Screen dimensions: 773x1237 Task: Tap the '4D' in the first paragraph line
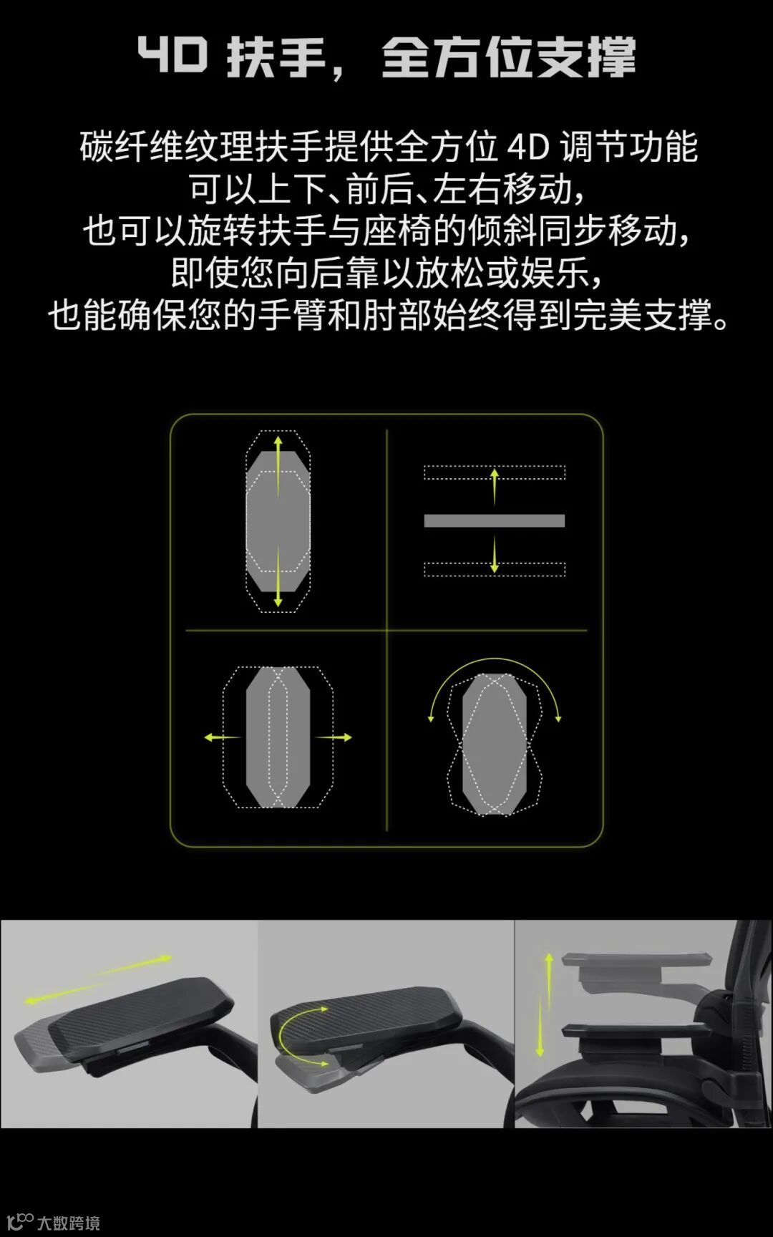528,147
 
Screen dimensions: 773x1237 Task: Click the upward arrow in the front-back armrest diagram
278,466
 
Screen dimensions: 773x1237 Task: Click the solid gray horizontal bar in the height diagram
495,520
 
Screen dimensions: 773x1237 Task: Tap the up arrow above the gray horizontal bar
494,486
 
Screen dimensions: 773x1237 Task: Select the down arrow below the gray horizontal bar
494,556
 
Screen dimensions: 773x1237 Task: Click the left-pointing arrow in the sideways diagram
223,737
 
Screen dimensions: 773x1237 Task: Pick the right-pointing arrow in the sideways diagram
334,737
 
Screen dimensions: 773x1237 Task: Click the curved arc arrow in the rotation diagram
495,659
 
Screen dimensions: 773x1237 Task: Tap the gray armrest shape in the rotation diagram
495,744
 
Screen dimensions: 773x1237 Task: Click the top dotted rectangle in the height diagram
495,472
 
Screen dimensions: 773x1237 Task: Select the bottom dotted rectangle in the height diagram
495,570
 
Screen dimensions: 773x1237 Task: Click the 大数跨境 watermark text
69,1223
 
